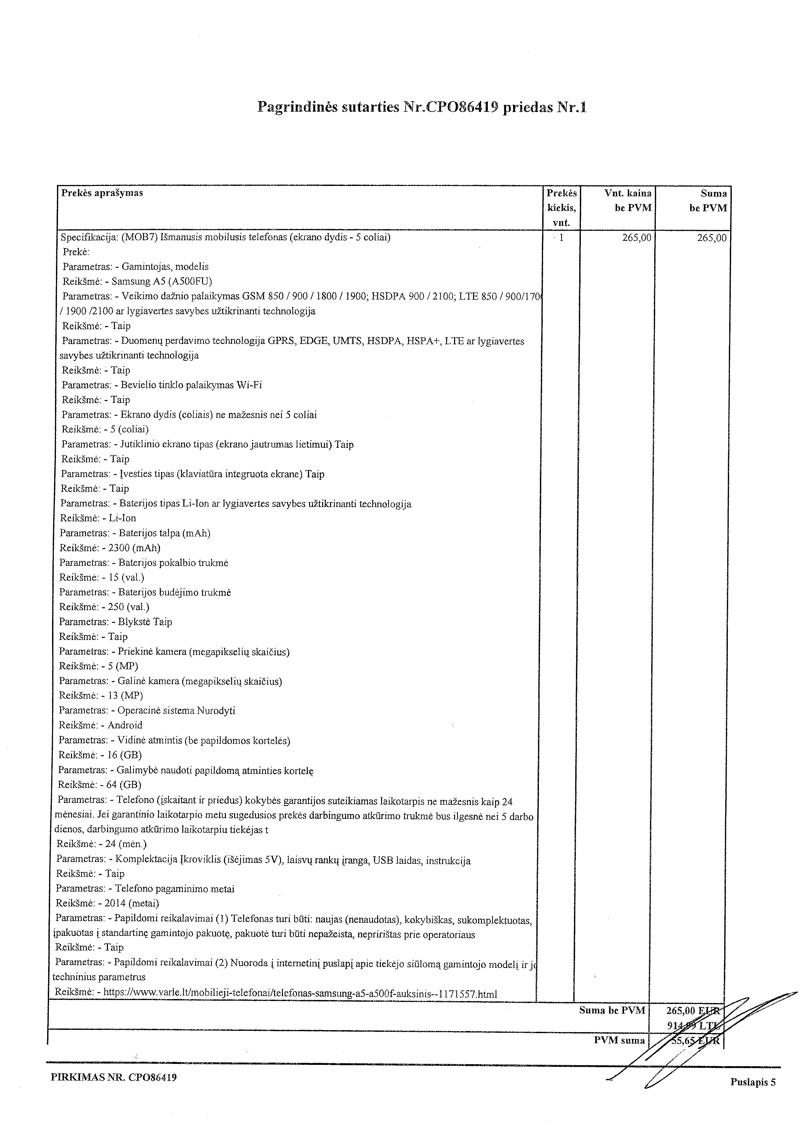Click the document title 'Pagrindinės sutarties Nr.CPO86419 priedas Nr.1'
421,107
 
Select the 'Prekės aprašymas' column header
102,193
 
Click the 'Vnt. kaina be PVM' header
628,201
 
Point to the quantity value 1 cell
562,238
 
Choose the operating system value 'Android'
125,725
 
